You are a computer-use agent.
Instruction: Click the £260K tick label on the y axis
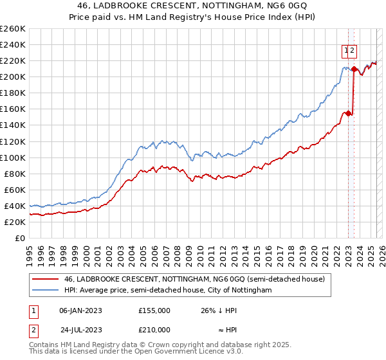click(13, 29)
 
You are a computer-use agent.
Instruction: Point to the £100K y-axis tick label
click(13, 157)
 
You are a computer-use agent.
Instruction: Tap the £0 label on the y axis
click(20, 238)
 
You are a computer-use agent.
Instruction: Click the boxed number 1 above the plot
click(346, 49)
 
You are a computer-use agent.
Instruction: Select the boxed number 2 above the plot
click(353, 49)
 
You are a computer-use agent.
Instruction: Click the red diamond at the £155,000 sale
click(348, 113)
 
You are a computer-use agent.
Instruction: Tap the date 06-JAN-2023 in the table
click(81, 310)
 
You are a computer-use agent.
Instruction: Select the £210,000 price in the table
click(154, 329)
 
